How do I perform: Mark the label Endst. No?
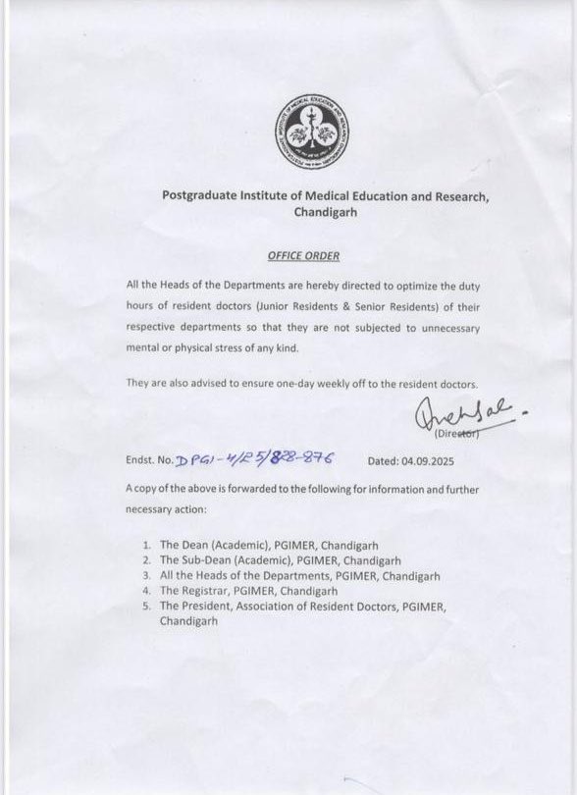point(148,458)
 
